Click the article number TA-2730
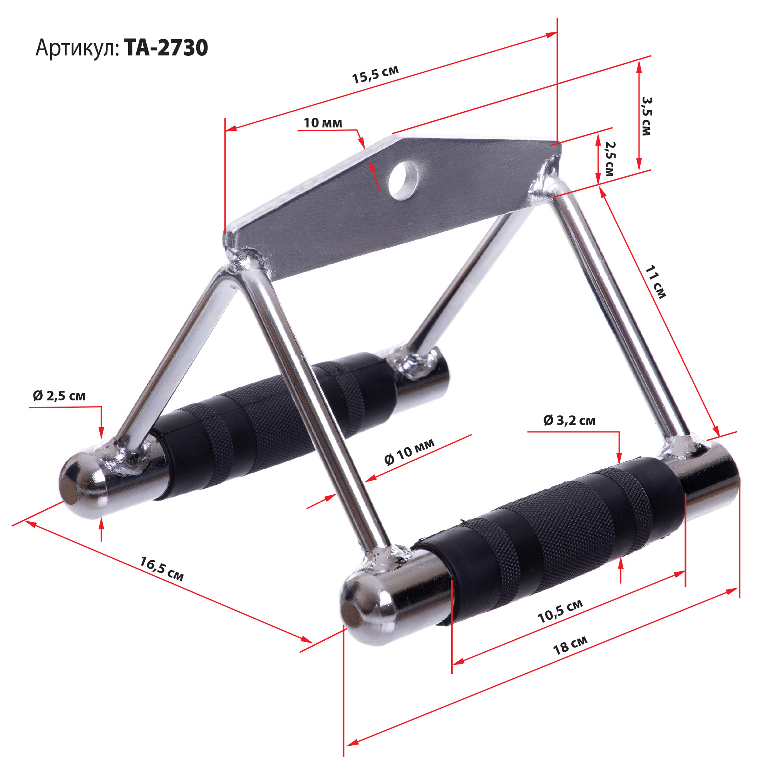coord(166,48)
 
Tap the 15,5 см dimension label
coord(375,75)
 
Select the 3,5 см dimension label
coord(646,116)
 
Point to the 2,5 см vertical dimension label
coord(610,159)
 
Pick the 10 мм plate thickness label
coord(323,123)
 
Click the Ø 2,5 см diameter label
coord(59,396)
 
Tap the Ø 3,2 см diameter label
coord(569,420)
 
